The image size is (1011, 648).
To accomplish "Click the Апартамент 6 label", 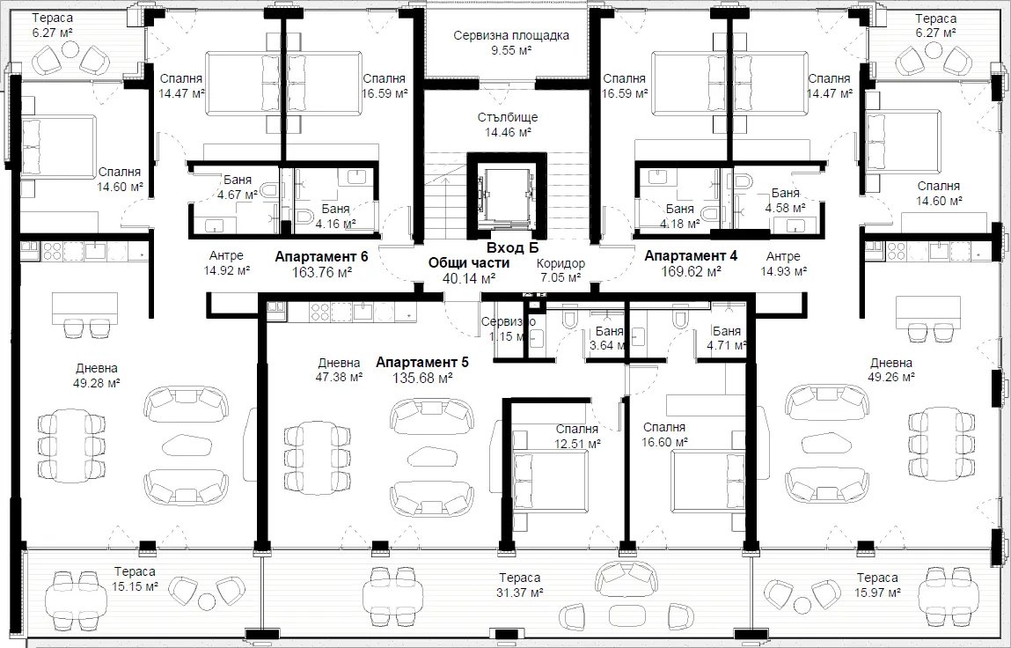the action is click(x=321, y=257).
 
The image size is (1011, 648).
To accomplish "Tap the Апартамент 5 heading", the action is click(x=422, y=362).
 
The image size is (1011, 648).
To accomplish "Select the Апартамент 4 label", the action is click(x=692, y=255).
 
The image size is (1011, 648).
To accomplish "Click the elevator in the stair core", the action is click(x=507, y=197).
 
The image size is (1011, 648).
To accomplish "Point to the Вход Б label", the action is click(x=513, y=247).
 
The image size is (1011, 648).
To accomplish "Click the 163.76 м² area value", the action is click(x=322, y=272).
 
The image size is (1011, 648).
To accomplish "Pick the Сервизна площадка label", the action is click(x=511, y=35).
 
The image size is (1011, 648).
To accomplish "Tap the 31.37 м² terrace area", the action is click(x=520, y=593).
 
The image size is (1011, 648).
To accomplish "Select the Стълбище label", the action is click(x=508, y=117).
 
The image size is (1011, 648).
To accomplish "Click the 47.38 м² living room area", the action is click(x=339, y=378).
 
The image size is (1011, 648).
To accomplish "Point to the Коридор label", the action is click(x=561, y=263).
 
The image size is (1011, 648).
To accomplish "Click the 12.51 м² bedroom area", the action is click(x=578, y=444).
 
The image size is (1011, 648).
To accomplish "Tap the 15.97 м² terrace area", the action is click(x=877, y=593).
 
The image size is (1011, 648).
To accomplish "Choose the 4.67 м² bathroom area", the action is click(x=238, y=194).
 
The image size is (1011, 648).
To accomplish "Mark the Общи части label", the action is click(x=469, y=262).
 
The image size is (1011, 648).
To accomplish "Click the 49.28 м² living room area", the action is click(x=97, y=383).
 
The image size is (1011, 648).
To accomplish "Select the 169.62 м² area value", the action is click(x=692, y=272).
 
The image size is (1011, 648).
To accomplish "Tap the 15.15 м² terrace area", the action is click(x=136, y=587).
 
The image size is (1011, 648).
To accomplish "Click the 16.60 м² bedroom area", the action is click(x=664, y=443).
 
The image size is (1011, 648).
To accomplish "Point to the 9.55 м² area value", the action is click(x=511, y=50).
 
